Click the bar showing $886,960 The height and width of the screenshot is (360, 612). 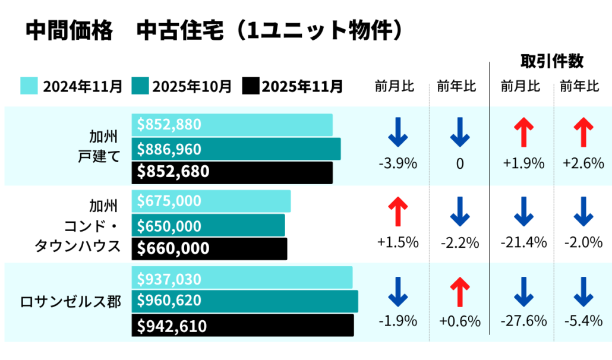[236, 149]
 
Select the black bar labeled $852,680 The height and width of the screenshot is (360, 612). [232, 172]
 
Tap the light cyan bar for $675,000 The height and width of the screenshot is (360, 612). [211, 201]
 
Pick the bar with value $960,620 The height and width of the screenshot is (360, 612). [245, 301]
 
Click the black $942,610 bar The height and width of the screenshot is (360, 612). [242, 326]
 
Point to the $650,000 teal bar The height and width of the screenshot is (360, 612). [208, 226]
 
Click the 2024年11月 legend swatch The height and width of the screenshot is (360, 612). [29, 86]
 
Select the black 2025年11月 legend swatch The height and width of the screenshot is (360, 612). [251, 86]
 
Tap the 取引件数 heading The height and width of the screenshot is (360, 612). [552, 61]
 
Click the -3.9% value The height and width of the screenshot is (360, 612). [398, 164]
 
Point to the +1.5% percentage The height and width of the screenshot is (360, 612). [398, 242]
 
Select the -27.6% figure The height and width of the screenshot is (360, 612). [523, 321]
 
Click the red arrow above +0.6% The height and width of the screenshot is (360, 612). [459, 292]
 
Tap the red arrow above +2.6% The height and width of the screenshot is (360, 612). [583, 132]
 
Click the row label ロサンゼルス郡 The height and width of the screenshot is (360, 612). [70, 302]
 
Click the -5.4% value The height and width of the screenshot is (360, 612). [583, 321]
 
